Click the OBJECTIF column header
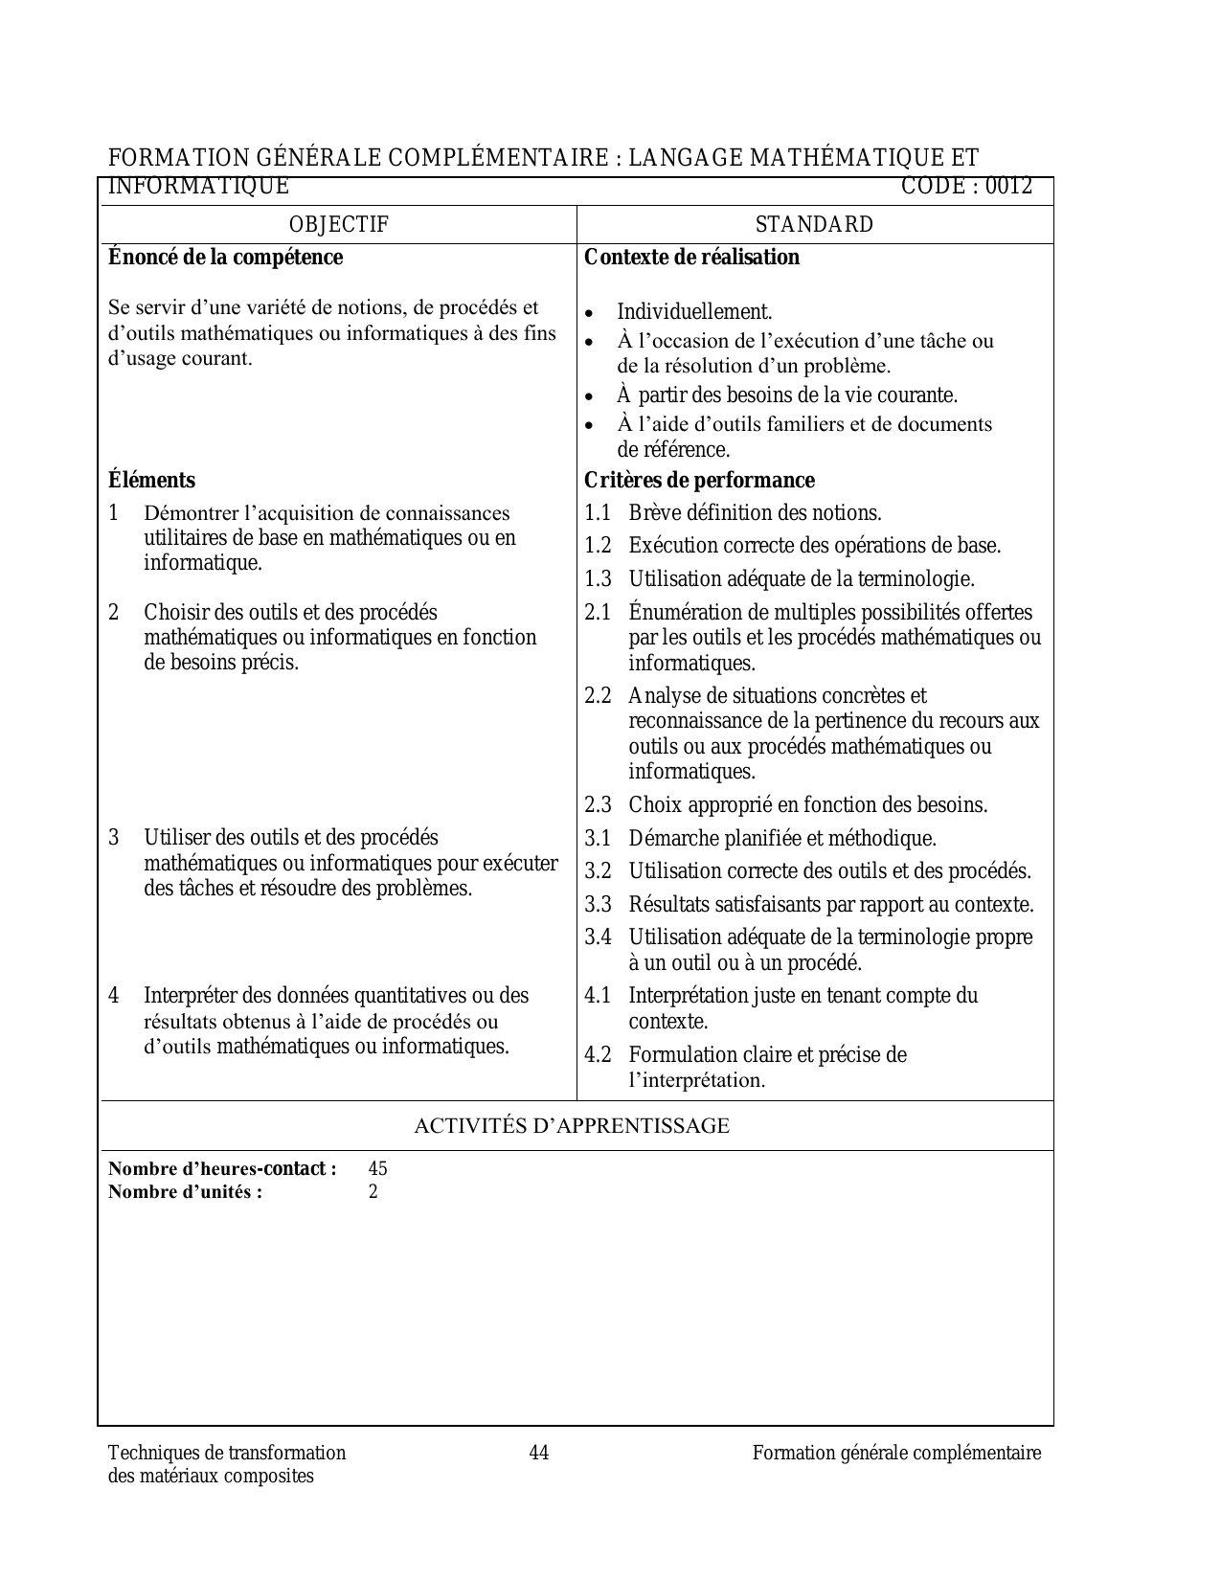click(339, 225)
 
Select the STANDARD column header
click(814, 225)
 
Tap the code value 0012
click(1009, 187)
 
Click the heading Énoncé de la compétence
click(225, 258)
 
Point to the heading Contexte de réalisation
click(691, 258)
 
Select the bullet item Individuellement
click(694, 312)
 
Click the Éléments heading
click(151, 481)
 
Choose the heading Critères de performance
click(699, 481)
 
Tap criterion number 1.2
click(598, 546)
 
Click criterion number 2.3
click(598, 805)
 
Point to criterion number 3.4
click(598, 937)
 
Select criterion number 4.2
click(598, 1055)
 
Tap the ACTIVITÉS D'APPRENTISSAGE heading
click(572, 1126)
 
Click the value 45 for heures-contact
click(377, 1169)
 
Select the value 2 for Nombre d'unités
click(373, 1192)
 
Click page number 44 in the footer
click(539, 1454)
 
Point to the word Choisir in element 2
click(172, 613)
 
